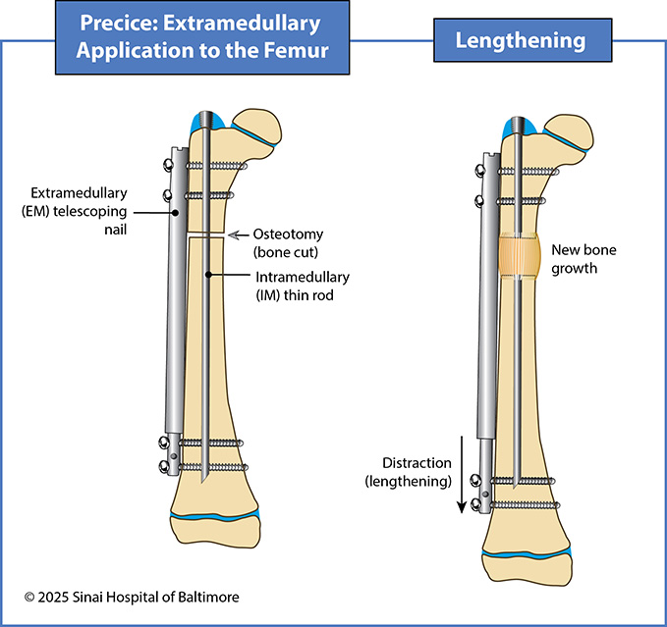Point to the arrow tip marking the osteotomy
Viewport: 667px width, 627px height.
click(x=230, y=235)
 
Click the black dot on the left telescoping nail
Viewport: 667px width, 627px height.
click(x=175, y=211)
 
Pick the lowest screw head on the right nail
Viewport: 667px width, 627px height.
click(x=474, y=504)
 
